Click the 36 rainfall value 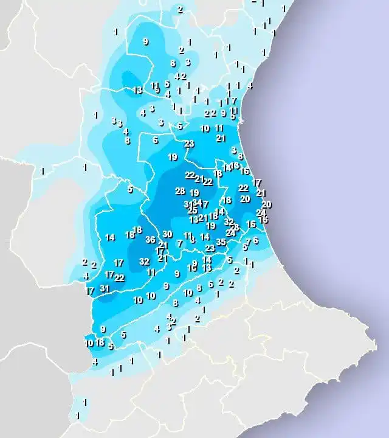151,240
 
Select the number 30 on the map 168,234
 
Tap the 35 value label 221,242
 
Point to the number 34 197,202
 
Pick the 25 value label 193,210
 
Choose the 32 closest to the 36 144,262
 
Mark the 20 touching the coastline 266,204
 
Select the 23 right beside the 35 210,248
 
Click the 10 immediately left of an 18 89,343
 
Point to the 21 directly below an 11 220,138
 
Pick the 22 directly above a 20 244,188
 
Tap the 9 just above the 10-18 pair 103,329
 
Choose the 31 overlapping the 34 189,204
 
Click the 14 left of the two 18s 110,237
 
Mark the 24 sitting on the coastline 261,213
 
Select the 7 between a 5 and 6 248,242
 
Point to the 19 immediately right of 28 194,193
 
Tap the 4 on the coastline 249,86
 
